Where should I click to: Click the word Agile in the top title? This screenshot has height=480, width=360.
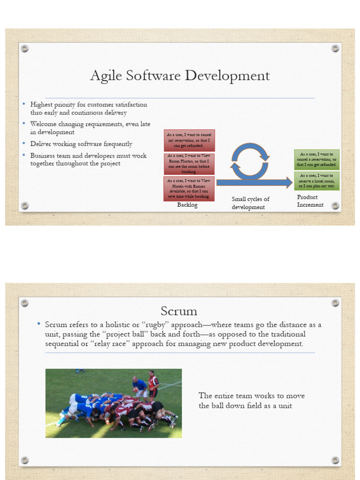tap(102, 75)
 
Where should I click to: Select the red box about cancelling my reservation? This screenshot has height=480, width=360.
tap(189, 140)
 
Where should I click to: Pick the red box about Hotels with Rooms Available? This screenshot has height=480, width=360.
tap(189, 188)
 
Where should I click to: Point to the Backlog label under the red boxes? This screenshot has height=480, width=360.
tap(187, 205)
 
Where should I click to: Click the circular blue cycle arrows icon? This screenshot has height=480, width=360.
tap(250, 161)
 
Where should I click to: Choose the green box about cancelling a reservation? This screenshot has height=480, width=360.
tap(316, 159)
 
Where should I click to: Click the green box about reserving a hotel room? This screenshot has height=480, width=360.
tap(316, 180)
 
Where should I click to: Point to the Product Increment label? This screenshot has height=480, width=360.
tap(310, 201)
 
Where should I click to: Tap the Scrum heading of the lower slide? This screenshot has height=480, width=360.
tap(179, 311)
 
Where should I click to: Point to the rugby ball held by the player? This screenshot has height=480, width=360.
tap(135, 390)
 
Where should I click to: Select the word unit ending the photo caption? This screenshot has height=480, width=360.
tap(285, 405)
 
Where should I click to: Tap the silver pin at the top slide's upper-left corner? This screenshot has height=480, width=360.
tap(25, 48)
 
